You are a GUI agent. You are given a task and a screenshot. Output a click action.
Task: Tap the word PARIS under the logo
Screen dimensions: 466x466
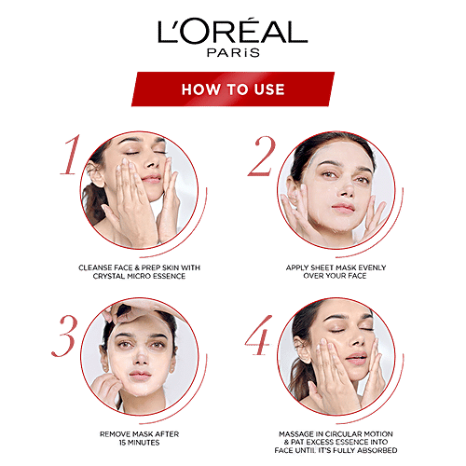[232, 54]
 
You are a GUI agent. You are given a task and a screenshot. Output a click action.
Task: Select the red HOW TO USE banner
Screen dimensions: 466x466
[233, 89]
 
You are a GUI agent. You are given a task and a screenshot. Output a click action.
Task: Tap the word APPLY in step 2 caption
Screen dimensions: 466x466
[299, 267]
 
